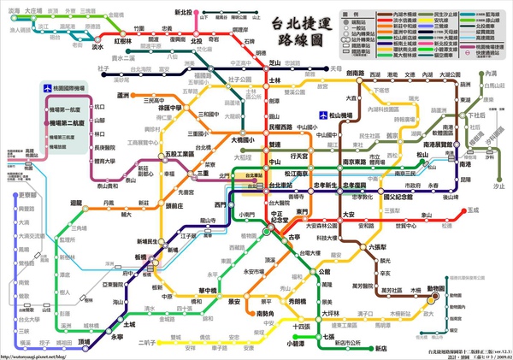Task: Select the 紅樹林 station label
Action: point(123,40)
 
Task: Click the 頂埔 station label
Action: point(84,341)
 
